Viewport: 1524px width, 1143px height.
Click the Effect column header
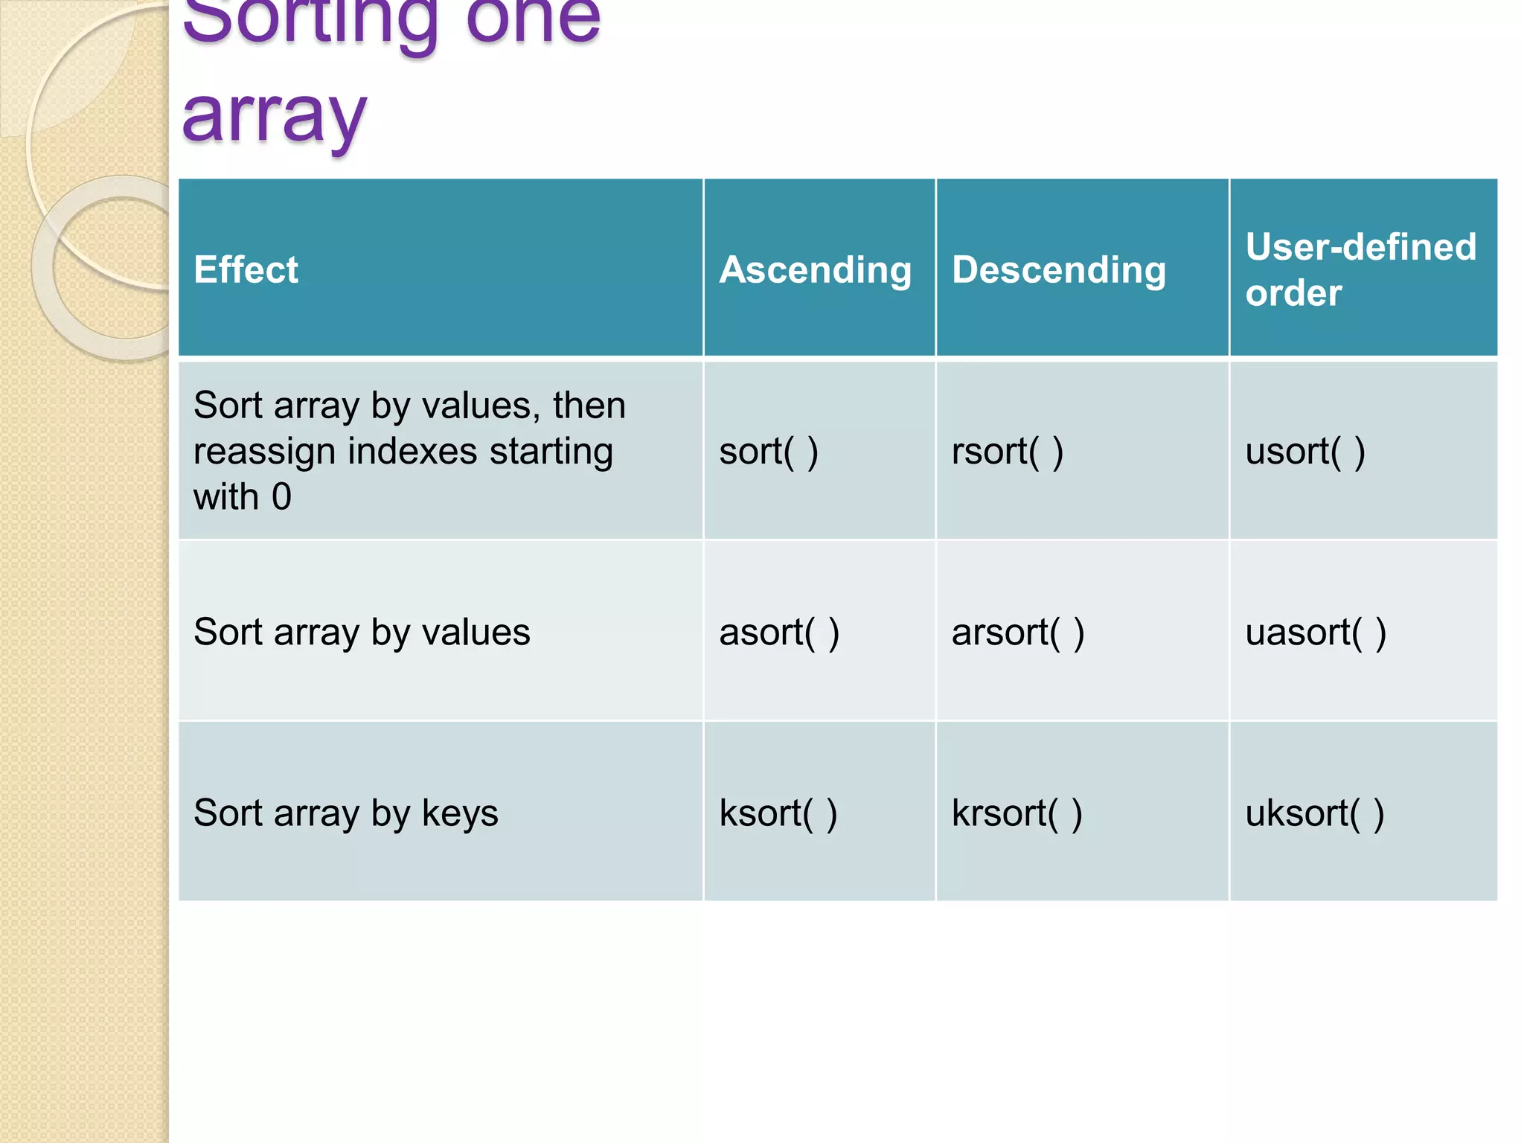pyautogui.click(x=246, y=269)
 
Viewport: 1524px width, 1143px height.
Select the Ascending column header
pyautogui.click(x=815, y=269)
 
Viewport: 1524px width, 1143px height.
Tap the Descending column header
pyautogui.click(x=1058, y=269)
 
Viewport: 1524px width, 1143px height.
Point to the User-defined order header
pyautogui.click(x=1360, y=269)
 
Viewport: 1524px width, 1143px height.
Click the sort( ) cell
pyautogui.click(x=768, y=451)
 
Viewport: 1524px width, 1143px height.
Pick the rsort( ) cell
pyautogui.click(x=1007, y=451)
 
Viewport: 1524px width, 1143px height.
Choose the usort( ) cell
pyautogui.click(x=1304, y=451)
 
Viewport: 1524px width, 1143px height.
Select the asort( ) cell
pyautogui.click(x=778, y=632)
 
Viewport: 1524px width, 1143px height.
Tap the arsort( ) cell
pyautogui.click(x=1017, y=632)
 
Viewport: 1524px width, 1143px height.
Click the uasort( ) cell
pyautogui.click(x=1315, y=632)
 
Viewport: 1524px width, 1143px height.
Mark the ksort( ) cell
pyautogui.click(x=778, y=813)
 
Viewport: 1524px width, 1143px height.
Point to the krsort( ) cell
pyautogui.click(x=1016, y=813)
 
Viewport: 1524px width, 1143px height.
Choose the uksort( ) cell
pyautogui.click(x=1314, y=813)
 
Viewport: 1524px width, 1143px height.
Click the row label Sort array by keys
pyautogui.click(x=345, y=813)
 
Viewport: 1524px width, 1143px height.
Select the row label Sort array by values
pyautogui.click(x=362, y=632)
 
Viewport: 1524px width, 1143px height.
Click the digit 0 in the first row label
pyautogui.click(x=281, y=496)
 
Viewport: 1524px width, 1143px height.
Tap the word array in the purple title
pyautogui.click(x=274, y=115)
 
